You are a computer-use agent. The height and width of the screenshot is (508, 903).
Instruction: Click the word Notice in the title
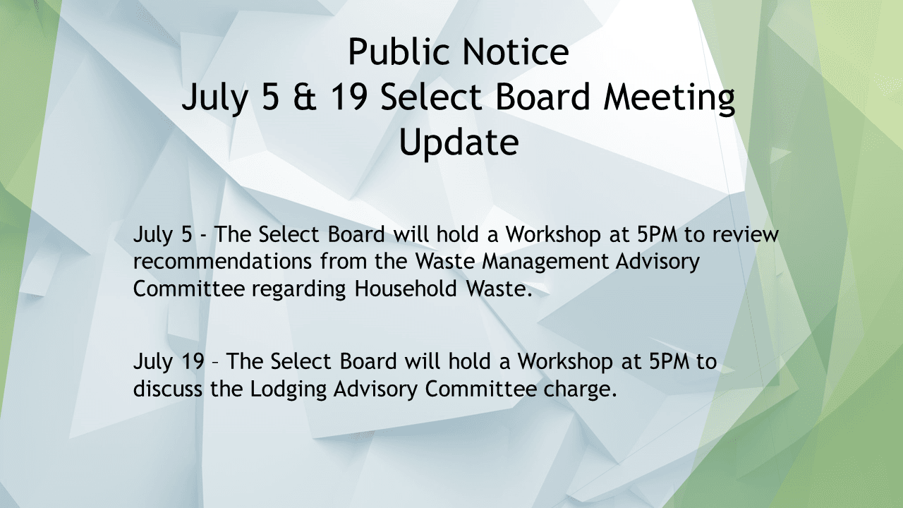[x=513, y=52]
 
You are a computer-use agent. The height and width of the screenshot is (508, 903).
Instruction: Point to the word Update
[x=459, y=143]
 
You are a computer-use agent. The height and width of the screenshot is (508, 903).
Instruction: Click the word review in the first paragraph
[x=746, y=234]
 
